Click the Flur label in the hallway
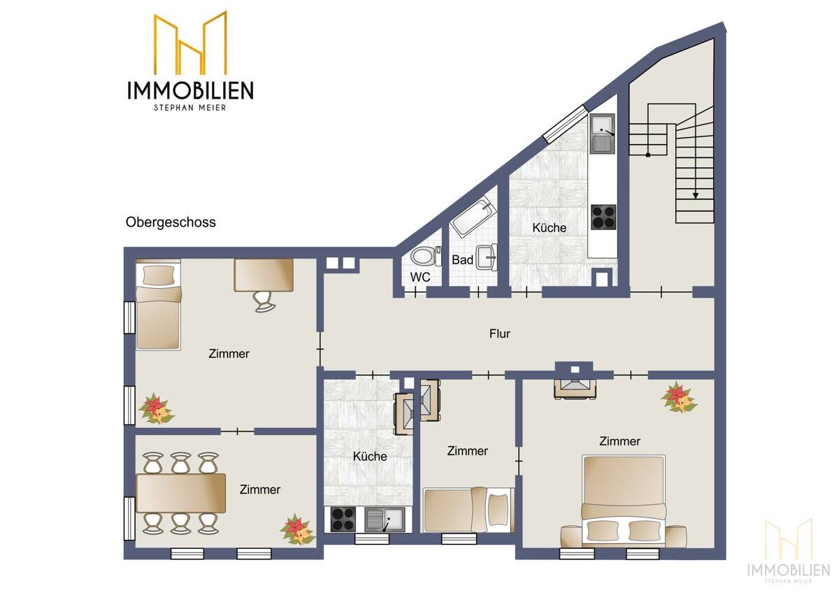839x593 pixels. [x=499, y=334]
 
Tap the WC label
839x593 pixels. [x=419, y=277]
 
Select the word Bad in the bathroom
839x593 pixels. [x=462, y=260]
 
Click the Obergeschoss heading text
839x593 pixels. [x=171, y=222]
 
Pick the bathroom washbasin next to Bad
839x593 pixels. [x=487, y=257]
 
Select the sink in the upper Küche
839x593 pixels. [x=601, y=134]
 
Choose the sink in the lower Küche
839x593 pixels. [x=384, y=520]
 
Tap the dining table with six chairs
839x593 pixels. [x=181, y=492]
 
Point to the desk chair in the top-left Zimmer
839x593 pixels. [x=264, y=301]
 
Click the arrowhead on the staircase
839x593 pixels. [x=696, y=196]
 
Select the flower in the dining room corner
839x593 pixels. [x=296, y=529]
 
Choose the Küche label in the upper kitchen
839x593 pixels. [x=549, y=228]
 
